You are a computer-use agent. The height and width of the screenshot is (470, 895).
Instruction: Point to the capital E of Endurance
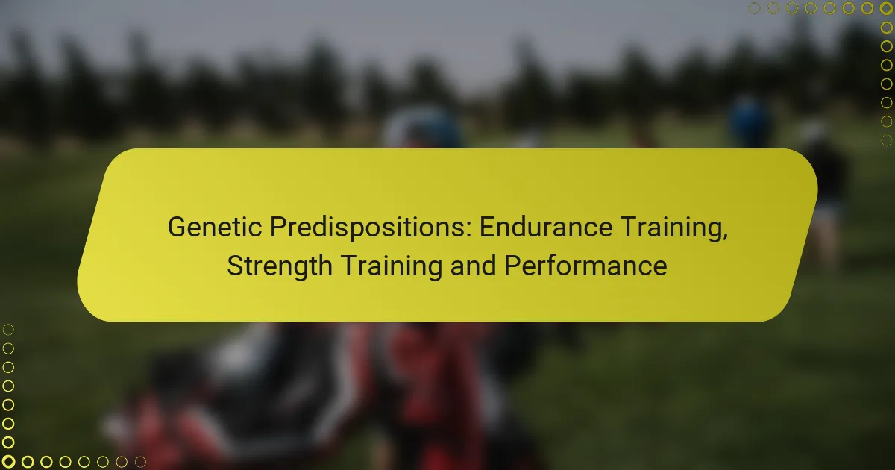[x=486, y=228]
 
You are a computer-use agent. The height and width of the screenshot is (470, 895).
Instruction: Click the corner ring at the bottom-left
[x=9, y=462]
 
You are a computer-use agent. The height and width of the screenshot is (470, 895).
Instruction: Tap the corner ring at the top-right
[x=886, y=8]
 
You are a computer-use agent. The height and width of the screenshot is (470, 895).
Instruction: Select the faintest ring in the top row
[x=754, y=8]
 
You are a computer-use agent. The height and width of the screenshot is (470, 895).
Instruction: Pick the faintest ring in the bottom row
[x=140, y=462]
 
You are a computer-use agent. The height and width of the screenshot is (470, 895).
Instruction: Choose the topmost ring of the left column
[x=9, y=330]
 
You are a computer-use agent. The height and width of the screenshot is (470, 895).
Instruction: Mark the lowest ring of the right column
[x=886, y=140]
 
